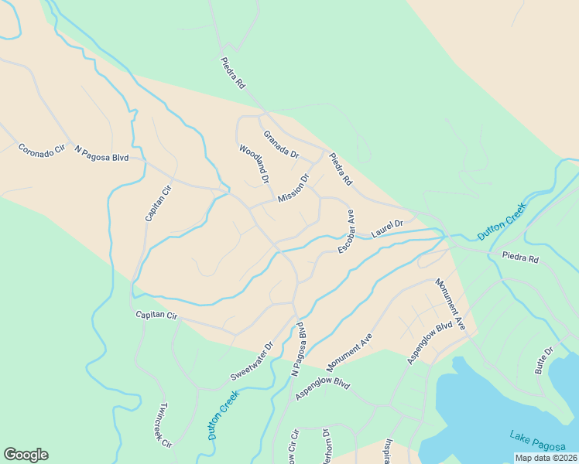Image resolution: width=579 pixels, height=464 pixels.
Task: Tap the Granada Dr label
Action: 280,144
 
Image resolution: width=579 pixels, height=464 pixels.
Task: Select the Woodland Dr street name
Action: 254,163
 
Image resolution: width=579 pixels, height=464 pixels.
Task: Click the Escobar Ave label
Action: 345,230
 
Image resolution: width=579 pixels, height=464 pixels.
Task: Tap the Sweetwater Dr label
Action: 252,362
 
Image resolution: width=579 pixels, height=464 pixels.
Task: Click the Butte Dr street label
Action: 545,361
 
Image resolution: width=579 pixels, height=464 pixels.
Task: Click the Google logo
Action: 26,455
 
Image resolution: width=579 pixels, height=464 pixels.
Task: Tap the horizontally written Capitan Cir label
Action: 156,316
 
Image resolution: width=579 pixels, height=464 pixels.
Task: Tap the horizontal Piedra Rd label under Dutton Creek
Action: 519,258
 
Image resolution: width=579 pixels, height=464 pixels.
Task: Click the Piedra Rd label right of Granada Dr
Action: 341,169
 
